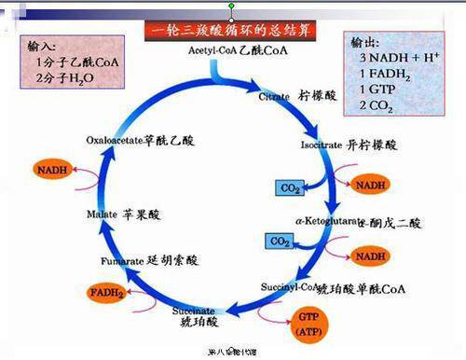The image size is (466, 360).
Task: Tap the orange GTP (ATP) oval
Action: pyautogui.click(x=307, y=322)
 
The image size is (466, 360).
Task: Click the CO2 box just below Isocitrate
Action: pyautogui.click(x=290, y=188)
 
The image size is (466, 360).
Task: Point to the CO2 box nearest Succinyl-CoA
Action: pyautogui.click(x=281, y=241)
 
